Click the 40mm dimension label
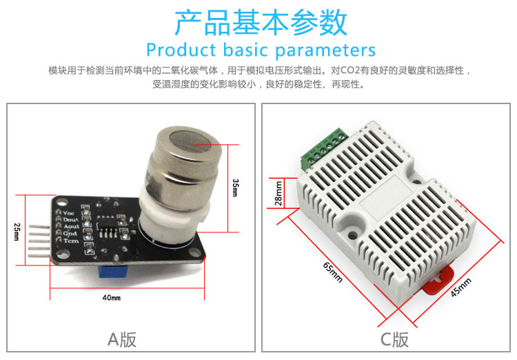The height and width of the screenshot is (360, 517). coord(112,298)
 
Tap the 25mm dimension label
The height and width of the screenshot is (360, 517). coord(17,232)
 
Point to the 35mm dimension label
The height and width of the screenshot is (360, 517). coord(235,188)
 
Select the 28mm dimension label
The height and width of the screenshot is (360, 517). coord(278,193)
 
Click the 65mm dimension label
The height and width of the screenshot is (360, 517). coord(333,272)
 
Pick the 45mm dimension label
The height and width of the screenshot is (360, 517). coord(461,287)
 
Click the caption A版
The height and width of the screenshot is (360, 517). coord(122,339)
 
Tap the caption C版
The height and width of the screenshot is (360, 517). coord(394,339)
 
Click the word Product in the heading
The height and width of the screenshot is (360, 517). coord(181,50)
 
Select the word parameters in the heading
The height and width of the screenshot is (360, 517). coord(325,51)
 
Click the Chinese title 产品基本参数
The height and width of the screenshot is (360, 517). coord(261,22)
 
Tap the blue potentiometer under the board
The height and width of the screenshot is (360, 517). coord(113,270)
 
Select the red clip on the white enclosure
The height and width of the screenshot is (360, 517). coord(438,281)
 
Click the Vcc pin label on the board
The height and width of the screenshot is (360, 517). coord(68,213)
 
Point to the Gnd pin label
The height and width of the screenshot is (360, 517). coord(70,233)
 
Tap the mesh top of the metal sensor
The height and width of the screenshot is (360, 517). coord(190,141)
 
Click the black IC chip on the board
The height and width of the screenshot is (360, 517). coord(108,226)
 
